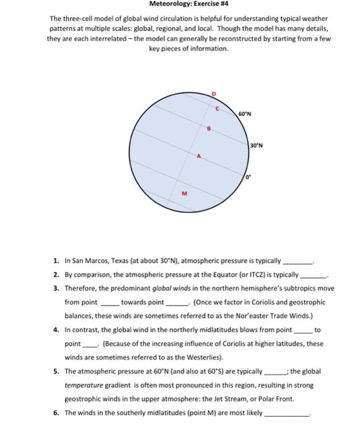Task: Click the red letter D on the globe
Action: [214, 94]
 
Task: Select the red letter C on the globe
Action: [217, 108]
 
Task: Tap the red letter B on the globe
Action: [209, 129]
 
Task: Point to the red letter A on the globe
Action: [198, 156]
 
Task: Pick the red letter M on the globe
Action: [183, 194]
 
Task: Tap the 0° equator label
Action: [247, 179]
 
